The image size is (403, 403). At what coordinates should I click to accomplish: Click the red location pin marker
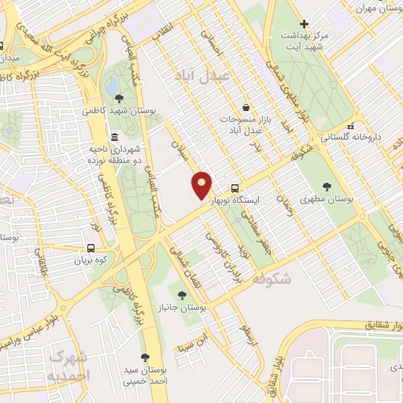202,185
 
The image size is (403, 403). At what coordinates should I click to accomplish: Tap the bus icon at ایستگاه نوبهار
235,188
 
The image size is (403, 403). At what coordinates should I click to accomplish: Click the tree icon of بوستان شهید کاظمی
119,98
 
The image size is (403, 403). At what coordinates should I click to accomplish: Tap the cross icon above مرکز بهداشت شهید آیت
315,24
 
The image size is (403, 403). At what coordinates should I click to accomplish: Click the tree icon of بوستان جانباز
183,295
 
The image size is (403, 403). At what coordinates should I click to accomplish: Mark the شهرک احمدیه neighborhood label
68,365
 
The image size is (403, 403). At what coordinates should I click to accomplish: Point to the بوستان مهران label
381,7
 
